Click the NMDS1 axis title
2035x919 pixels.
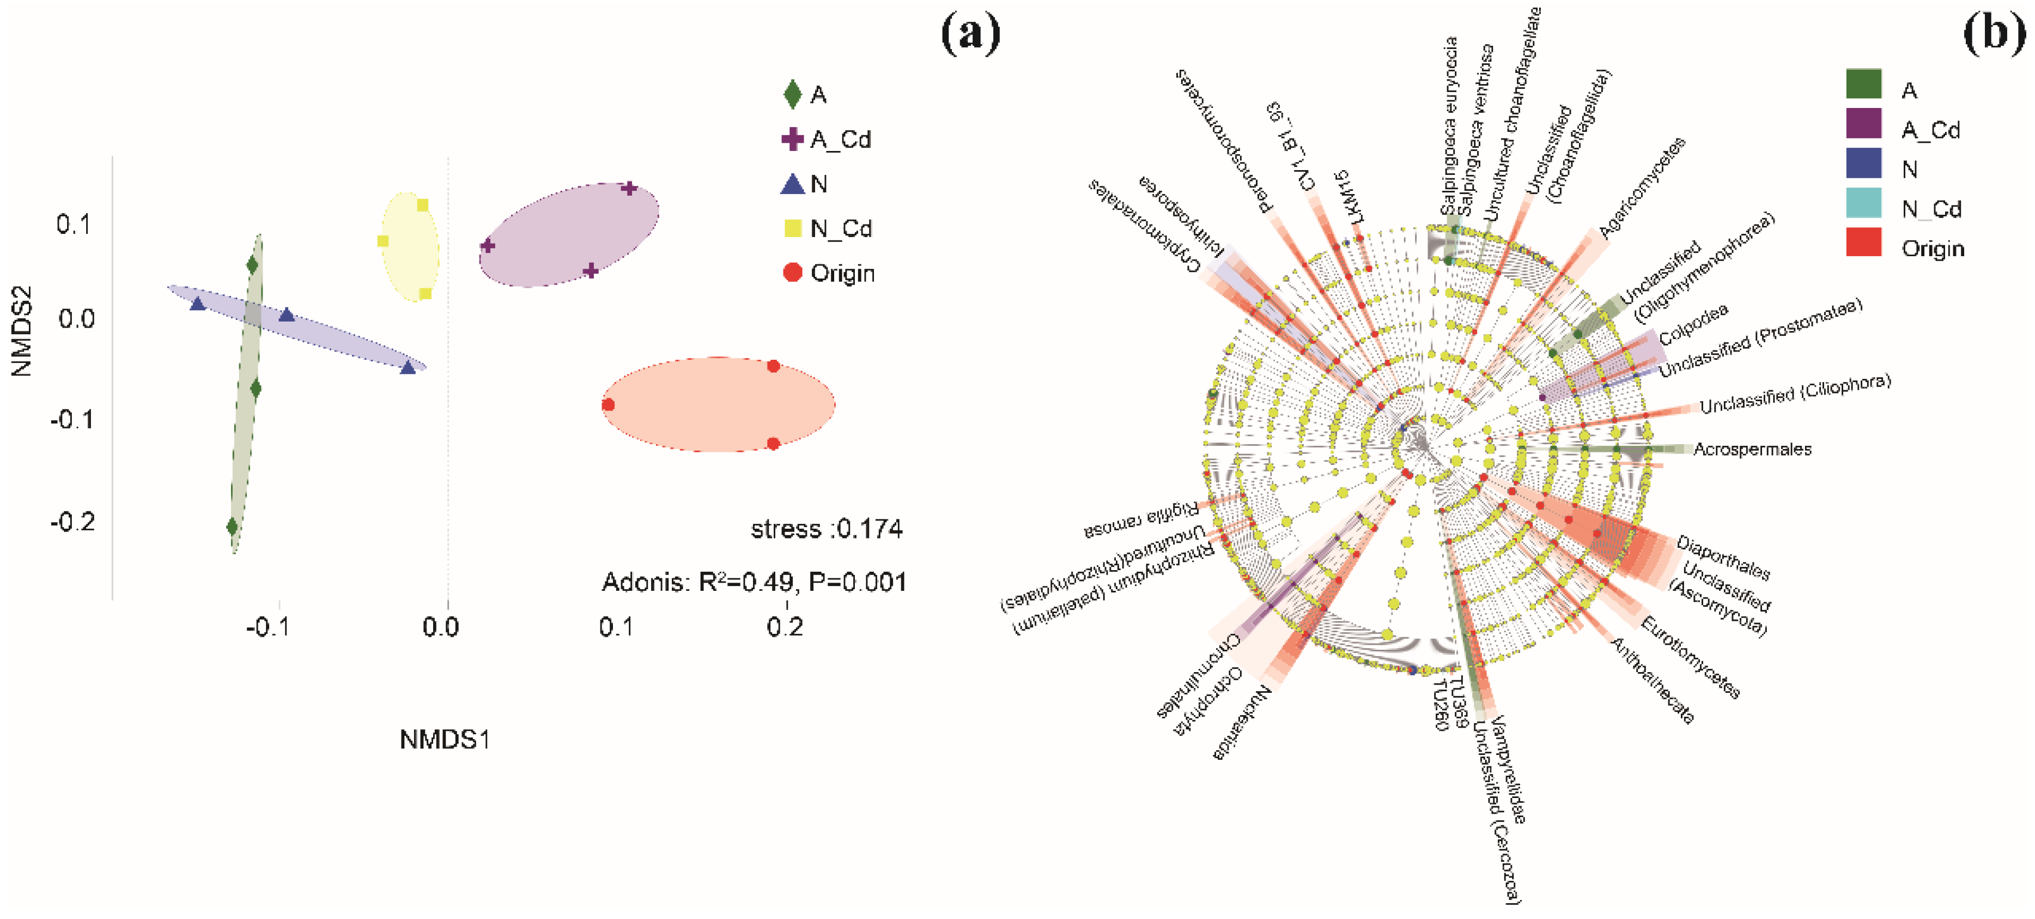(445, 740)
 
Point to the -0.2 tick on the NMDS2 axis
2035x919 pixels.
(72, 522)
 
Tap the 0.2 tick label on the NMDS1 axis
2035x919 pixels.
(785, 627)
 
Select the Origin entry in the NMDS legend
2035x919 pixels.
(841, 274)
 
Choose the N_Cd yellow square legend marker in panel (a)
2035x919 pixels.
(792, 229)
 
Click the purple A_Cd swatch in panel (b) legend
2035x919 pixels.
(1863, 124)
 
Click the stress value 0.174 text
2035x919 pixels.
(827, 529)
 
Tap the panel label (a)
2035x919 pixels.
(971, 33)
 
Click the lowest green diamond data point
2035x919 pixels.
(232, 526)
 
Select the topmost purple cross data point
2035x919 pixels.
(629, 188)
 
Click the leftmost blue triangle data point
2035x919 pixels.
(197, 304)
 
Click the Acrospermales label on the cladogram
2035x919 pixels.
(1752, 449)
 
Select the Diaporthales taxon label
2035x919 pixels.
(1723, 558)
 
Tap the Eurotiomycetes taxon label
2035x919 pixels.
(1691, 657)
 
